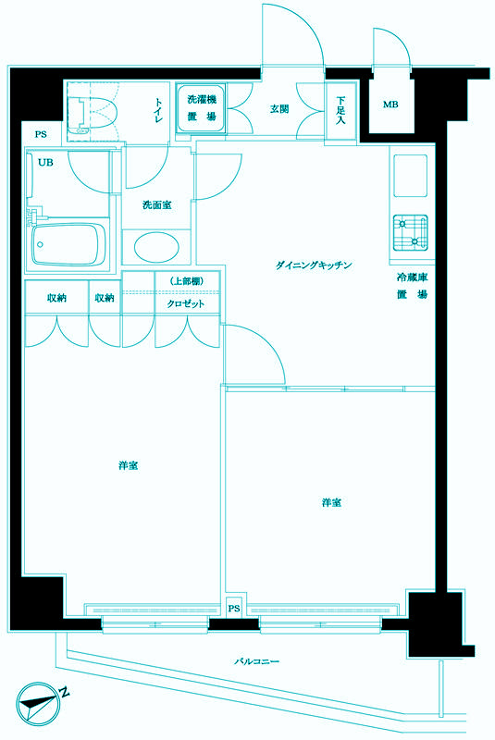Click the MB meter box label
pos(390,105)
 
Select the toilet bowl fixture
pos(95,113)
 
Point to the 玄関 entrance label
pos(278,109)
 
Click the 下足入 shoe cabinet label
pos(340,110)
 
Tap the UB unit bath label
pos(44,162)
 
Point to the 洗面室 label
pos(156,204)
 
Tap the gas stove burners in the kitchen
pos(410,231)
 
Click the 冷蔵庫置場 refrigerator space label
pos(412,285)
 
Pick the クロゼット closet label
pos(186,303)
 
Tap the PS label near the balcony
pos(234,609)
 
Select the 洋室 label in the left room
pos(129,464)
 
